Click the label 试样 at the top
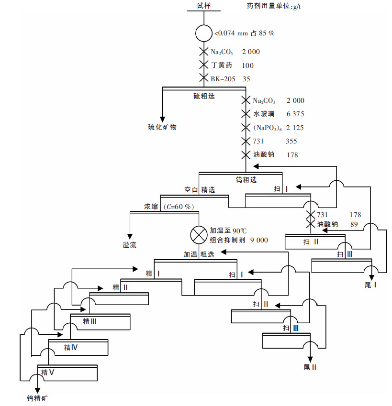(203, 6)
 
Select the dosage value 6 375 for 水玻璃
(295, 114)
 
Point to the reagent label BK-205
(224, 79)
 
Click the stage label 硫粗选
(203, 96)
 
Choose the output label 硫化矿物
(162, 127)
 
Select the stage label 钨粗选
(246, 180)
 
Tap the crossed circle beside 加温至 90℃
(198, 234)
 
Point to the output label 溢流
(129, 245)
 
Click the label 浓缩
(151, 207)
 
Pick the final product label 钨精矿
(37, 398)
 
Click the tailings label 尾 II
(310, 367)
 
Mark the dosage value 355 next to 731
(291, 141)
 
